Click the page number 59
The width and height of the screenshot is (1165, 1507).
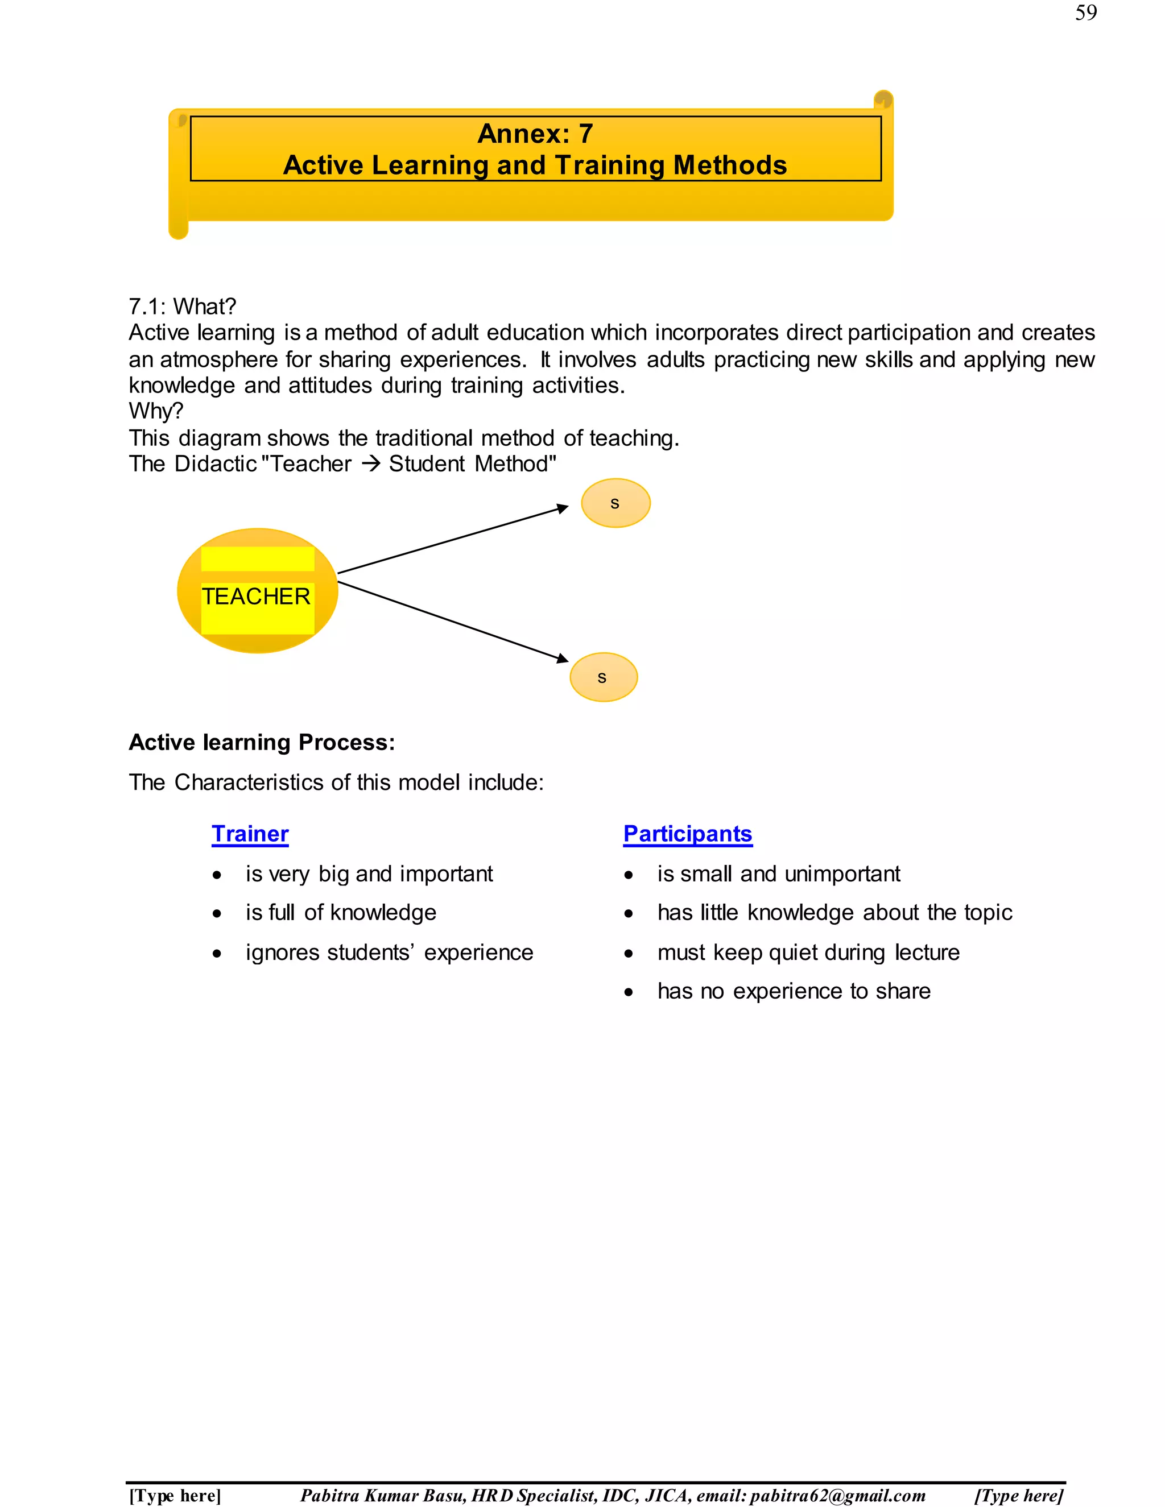tap(1085, 13)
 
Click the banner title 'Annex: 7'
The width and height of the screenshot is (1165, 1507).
tap(535, 134)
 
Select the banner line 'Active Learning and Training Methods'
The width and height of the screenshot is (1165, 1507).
tap(535, 165)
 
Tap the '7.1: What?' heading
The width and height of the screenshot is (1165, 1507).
tap(182, 307)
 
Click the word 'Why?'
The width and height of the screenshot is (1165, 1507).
tap(156, 411)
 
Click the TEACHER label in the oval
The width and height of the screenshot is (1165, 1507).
tap(256, 596)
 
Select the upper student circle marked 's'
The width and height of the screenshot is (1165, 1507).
tap(615, 503)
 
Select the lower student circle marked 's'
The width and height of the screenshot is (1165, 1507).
tap(603, 677)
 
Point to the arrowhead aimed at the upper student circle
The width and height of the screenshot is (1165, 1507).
tap(563, 509)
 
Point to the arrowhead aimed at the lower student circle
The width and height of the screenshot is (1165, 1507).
tap(563, 659)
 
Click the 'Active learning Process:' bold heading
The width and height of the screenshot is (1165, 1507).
tap(262, 743)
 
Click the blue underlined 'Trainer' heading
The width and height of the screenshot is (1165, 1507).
tap(250, 834)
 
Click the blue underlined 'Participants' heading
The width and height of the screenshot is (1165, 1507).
tap(687, 834)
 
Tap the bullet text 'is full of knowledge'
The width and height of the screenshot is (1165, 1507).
tap(341, 913)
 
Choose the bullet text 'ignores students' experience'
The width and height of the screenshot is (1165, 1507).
tap(389, 953)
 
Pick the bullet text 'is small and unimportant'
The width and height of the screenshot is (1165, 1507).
tap(779, 874)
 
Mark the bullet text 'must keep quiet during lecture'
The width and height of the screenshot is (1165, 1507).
tap(808, 953)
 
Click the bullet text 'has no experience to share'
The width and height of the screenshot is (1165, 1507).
tap(794, 992)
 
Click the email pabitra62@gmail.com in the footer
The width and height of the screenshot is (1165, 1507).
tap(837, 1495)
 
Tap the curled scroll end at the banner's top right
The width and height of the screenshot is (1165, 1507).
tap(883, 100)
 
